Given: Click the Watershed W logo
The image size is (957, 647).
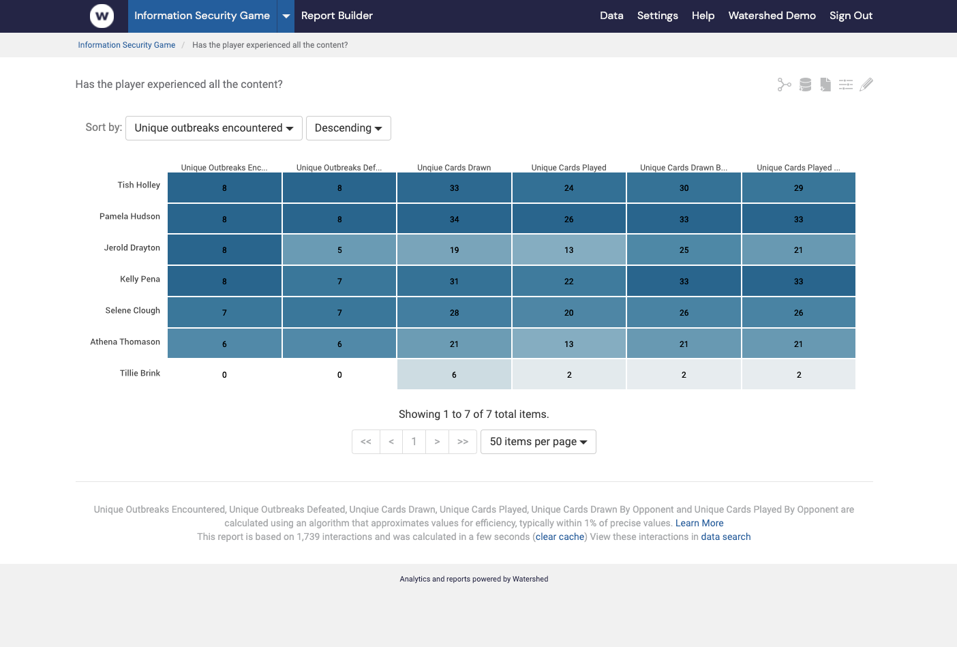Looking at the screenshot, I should tap(102, 16).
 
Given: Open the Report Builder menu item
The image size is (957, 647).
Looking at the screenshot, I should tap(337, 16).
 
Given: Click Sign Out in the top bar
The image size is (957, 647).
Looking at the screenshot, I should tap(851, 16).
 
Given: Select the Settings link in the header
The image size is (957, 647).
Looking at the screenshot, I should tap(657, 16).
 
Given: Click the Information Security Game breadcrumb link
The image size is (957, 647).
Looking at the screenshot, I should tap(126, 45).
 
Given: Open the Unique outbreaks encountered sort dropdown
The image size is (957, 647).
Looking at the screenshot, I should tap(213, 128).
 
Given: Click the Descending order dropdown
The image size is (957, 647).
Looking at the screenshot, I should tap(348, 128).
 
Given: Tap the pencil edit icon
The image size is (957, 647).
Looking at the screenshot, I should tap(866, 85).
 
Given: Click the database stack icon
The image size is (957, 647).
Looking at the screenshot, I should tap(805, 85).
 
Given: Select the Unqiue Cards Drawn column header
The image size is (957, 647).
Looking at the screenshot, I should tap(454, 168).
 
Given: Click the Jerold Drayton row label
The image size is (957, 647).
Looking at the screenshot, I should tap(132, 247).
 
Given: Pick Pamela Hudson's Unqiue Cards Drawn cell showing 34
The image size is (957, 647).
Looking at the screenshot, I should tap(454, 219).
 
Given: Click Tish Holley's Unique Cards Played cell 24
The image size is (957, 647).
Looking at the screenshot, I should tap(568, 187).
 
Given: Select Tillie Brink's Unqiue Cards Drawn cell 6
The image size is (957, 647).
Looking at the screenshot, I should tap(454, 374).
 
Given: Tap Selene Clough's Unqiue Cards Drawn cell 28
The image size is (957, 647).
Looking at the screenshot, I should tap(454, 312).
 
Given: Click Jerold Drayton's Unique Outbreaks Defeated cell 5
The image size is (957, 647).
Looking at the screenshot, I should tap(339, 250).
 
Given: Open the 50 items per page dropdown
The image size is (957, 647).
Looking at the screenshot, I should tap(538, 442).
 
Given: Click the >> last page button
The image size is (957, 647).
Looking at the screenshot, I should tap(463, 442).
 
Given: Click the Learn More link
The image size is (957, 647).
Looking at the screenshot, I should tap(699, 523).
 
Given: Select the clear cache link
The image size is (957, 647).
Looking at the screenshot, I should tap(560, 537).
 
